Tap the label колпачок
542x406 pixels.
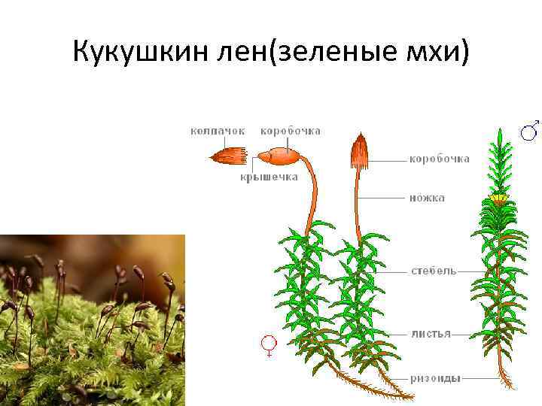pyautogui.click(x=218, y=131)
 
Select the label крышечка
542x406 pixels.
pyautogui.click(x=269, y=177)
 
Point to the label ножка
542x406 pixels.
pyautogui.click(x=427, y=198)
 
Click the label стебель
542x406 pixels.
pyautogui.click(x=433, y=270)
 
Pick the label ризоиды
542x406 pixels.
pyautogui.click(x=435, y=378)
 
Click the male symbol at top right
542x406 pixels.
pyautogui.click(x=530, y=130)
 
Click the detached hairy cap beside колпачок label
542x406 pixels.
pyautogui.click(x=230, y=156)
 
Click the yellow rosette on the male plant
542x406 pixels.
pyautogui.click(x=498, y=198)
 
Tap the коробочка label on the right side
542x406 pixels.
pyautogui.click(x=440, y=159)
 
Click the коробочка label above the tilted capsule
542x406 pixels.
pyautogui.click(x=291, y=131)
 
